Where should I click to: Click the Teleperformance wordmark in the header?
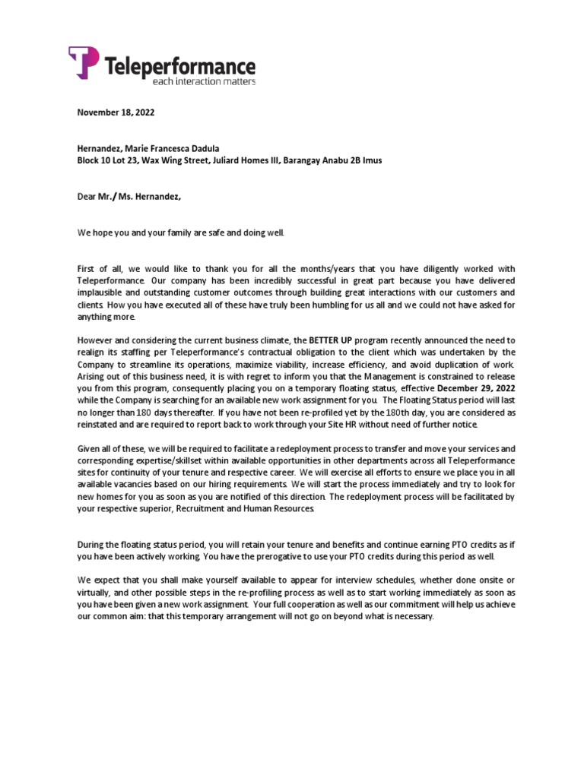click(179, 65)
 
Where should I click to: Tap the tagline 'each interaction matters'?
click(204, 81)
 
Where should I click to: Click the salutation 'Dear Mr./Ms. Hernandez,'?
click(130, 197)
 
